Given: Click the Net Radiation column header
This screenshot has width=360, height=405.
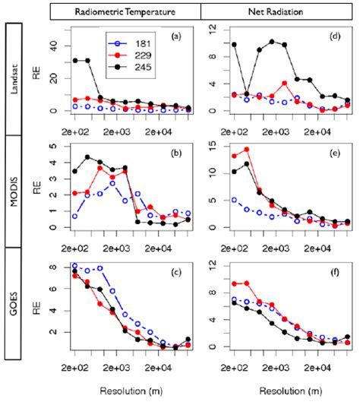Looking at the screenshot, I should (x=276, y=12).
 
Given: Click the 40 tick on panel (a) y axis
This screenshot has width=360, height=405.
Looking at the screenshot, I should (x=55, y=46).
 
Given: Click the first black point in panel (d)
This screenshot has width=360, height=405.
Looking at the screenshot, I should (x=234, y=45).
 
